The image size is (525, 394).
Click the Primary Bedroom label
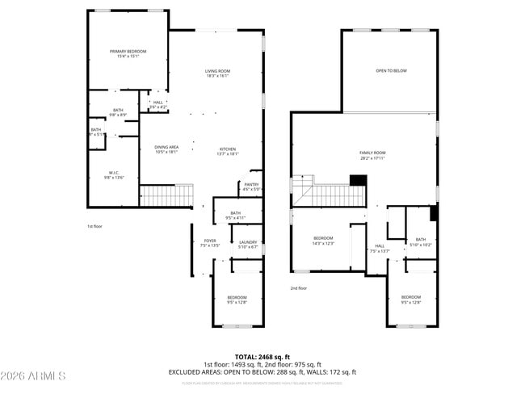click(x=128, y=53)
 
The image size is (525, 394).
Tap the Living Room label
click(x=216, y=73)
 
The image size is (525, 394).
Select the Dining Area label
click(x=166, y=149)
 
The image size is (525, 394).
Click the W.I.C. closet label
click(x=114, y=174)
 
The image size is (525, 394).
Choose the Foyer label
click(x=210, y=243)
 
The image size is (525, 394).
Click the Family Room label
click(x=372, y=155)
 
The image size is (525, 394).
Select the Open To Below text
click(x=391, y=71)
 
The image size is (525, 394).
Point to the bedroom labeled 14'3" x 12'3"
click(x=323, y=241)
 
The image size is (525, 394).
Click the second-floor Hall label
click(x=379, y=249)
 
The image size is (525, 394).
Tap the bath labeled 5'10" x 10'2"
click(x=420, y=241)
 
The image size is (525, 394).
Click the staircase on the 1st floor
click(x=167, y=195)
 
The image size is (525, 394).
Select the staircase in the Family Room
click(x=331, y=195)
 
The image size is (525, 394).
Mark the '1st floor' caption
click(x=95, y=227)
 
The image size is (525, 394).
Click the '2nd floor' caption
click(x=299, y=288)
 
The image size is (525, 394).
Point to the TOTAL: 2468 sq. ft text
click(x=262, y=356)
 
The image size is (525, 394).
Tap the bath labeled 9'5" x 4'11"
click(x=235, y=215)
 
